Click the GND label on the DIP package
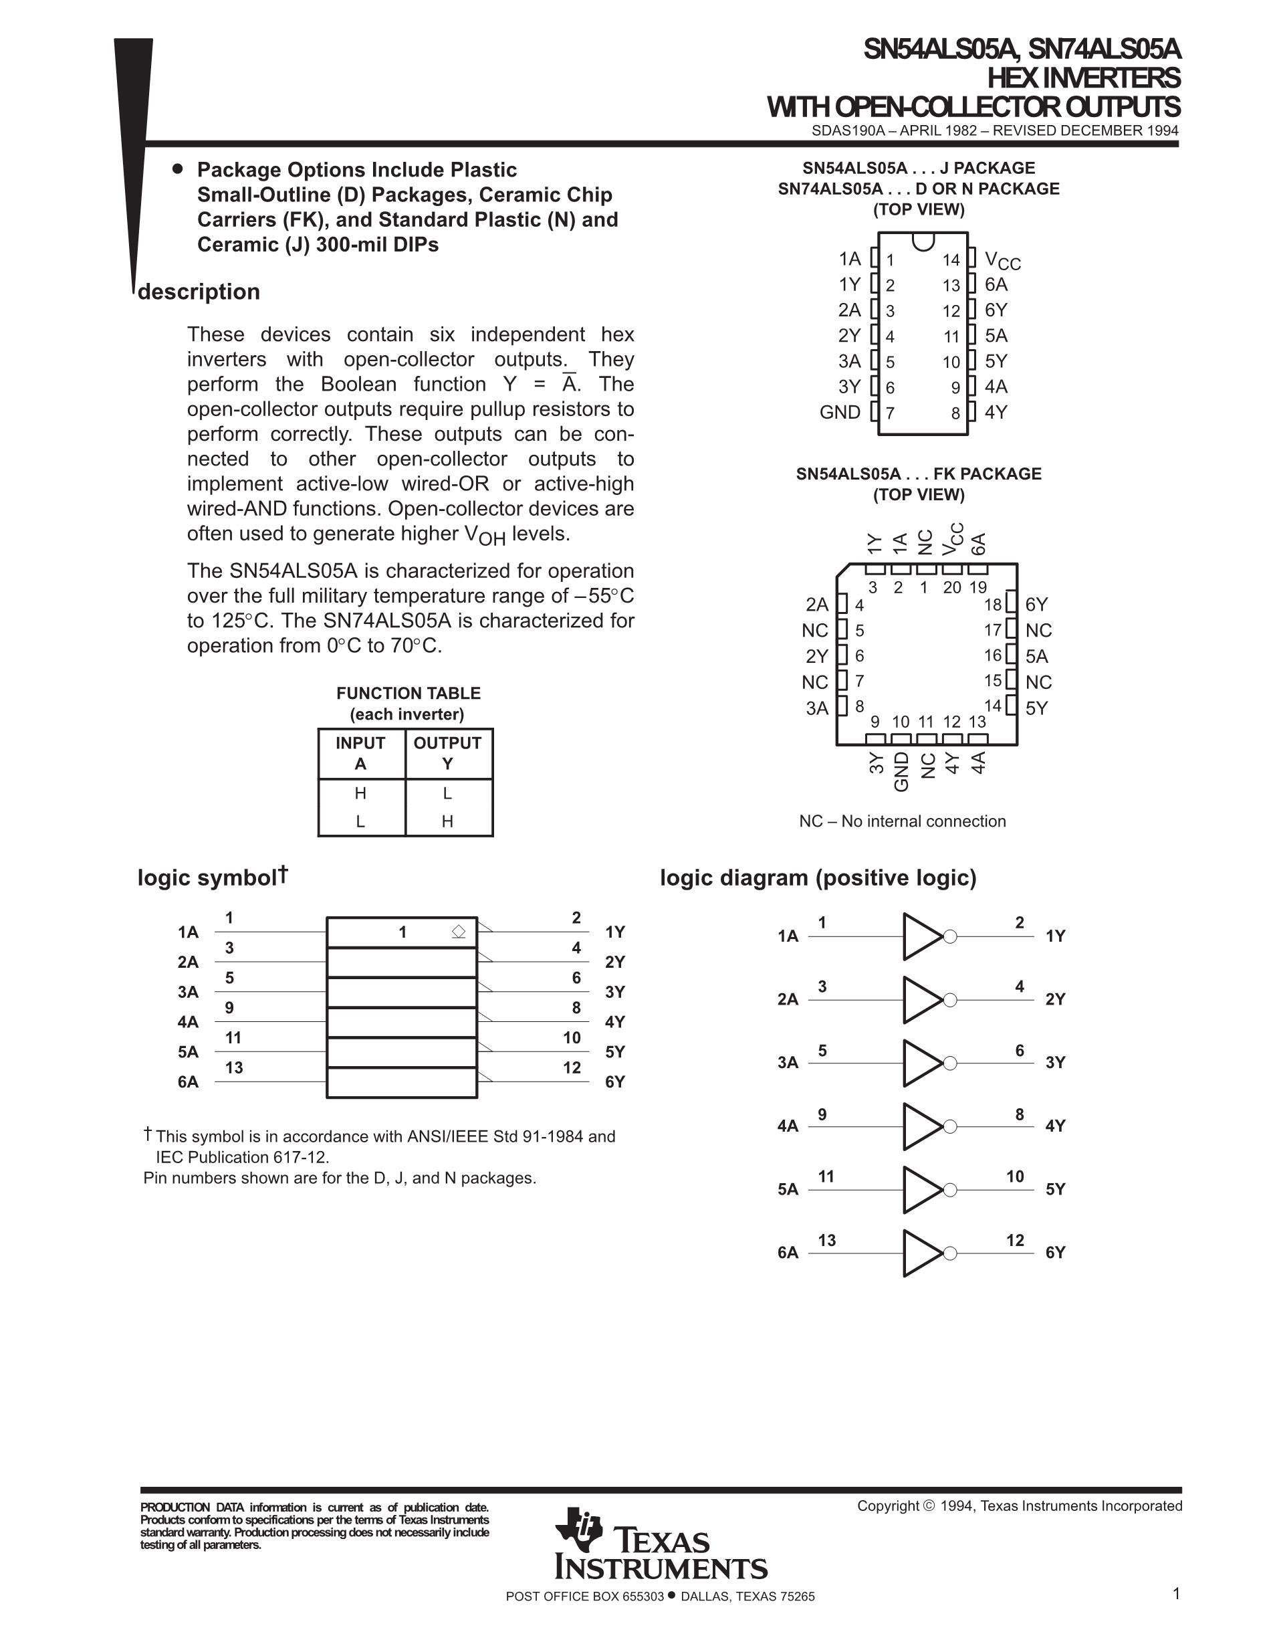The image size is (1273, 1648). (x=839, y=412)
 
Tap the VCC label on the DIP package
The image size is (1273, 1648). (x=1002, y=260)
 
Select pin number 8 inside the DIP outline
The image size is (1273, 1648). (x=955, y=413)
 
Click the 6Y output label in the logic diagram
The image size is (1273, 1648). (x=1055, y=1253)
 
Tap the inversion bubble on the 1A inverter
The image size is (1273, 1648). (x=950, y=936)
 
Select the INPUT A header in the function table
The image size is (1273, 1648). (x=360, y=753)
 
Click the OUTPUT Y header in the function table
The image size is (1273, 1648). (x=447, y=753)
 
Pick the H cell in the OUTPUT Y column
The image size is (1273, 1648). (x=447, y=821)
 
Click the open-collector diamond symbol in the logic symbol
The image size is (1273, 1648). (x=459, y=932)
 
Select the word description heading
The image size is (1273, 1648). (x=199, y=292)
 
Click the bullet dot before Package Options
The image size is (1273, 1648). (x=178, y=169)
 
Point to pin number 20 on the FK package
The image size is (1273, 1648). (x=951, y=587)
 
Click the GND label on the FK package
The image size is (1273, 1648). (x=901, y=771)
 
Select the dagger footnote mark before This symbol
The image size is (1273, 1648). (x=148, y=1134)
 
